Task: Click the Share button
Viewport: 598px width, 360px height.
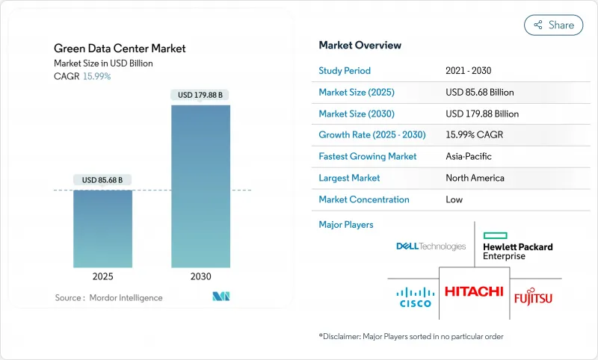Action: [553, 25]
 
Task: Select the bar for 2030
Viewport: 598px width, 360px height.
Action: [200, 186]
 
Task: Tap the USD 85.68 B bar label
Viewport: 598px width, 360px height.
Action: [102, 180]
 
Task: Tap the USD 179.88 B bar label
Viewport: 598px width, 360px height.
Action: [200, 95]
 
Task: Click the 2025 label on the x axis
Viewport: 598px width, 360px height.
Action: [102, 276]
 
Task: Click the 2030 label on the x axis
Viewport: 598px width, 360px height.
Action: [200, 276]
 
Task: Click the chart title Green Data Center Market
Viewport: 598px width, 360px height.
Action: [120, 49]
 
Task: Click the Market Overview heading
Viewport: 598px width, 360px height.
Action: [360, 45]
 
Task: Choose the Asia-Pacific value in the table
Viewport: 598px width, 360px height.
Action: [469, 157]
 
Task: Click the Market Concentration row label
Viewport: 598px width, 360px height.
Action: [364, 199]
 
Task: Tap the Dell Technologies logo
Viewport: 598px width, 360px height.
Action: [431, 246]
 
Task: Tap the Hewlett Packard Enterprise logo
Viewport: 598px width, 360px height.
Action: [517, 246]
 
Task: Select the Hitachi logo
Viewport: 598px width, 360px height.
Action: [474, 291]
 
